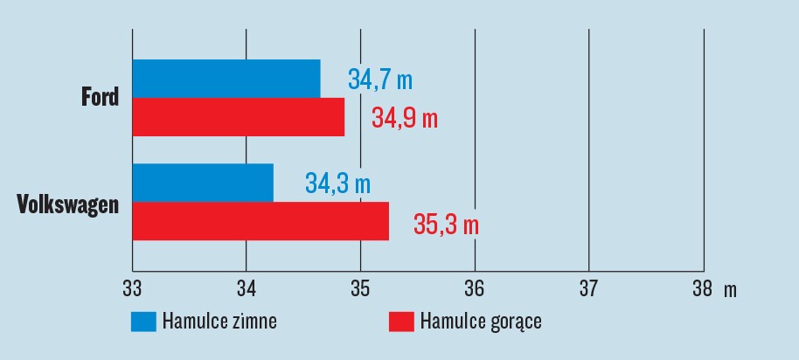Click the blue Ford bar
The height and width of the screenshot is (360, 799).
pyautogui.click(x=226, y=79)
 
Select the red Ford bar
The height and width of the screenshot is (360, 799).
pyautogui.click(x=239, y=116)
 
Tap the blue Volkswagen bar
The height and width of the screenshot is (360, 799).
pyautogui.click(x=203, y=183)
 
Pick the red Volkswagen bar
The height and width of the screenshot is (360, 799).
pyautogui.click(x=261, y=220)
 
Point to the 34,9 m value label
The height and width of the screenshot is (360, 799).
pyautogui.click(x=404, y=117)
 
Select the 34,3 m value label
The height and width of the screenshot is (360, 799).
pyautogui.click(x=337, y=183)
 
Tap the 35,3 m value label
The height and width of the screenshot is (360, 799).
pyautogui.click(x=446, y=224)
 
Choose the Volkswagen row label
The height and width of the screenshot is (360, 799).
pyautogui.click(x=68, y=205)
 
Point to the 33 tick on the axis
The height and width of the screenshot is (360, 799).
pyautogui.click(x=132, y=288)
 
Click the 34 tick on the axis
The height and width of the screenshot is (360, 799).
pyautogui.click(x=247, y=288)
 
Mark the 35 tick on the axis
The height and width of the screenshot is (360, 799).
pyautogui.click(x=360, y=288)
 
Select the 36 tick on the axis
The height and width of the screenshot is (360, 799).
pyautogui.click(x=475, y=288)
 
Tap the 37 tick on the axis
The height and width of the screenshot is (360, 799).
pyautogui.click(x=588, y=288)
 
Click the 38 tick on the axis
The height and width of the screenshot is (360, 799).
pyautogui.click(x=702, y=288)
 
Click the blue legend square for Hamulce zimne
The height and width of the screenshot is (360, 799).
pyautogui.click(x=143, y=322)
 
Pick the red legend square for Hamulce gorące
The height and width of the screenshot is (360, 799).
pyautogui.click(x=401, y=322)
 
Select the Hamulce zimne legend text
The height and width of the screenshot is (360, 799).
pyautogui.click(x=219, y=322)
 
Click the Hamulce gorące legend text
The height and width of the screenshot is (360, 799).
pyautogui.click(x=481, y=322)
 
